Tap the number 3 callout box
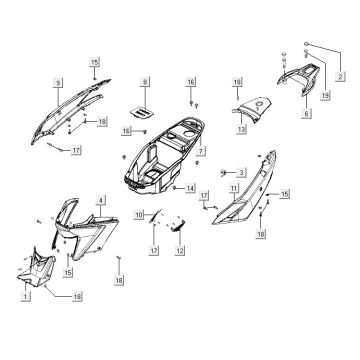pyautogui.click(x=241, y=173)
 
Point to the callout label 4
pyautogui.click(x=101, y=201)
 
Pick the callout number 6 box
pyautogui.click(x=306, y=115)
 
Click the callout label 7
pyautogui.click(x=201, y=150)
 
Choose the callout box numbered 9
pyautogui.click(x=59, y=81)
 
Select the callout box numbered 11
pyautogui.click(x=232, y=188)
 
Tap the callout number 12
pyautogui.click(x=180, y=250)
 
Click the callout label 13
pyautogui.click(x=240, y=130)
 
